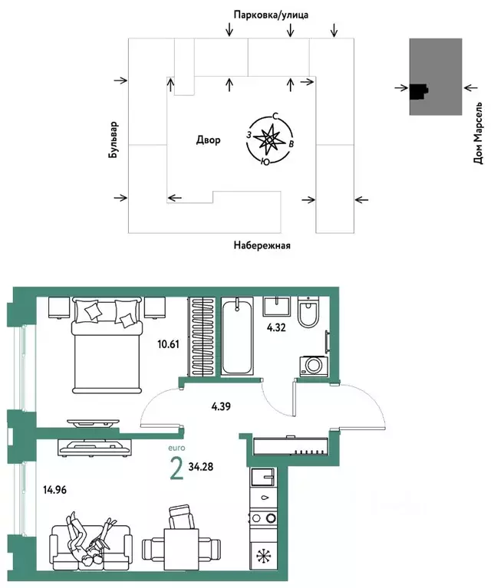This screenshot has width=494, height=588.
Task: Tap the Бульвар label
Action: click(114, 139)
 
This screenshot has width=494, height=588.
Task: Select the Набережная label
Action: click(262, 245)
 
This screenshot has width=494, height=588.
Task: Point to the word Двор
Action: click(207, 140)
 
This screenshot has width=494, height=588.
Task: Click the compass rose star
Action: click(270, 139)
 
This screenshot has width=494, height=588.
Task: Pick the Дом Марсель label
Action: click(479, 135)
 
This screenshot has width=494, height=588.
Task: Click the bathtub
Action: click(238, 337)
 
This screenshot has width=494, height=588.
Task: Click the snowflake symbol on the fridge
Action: click(265, 555)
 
